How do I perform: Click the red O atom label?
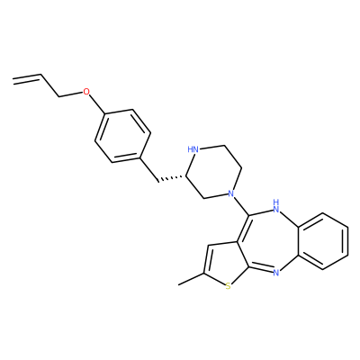pyautogui.click(x=86, y=91)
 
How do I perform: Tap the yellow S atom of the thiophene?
pyautogui.click(x=229, y=287)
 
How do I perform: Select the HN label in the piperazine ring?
pyautogui.click(x=193, y=149)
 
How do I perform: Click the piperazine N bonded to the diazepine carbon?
pyautogui.click(x=230, y=193)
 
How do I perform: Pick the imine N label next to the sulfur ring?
pyautogui.click(x=276, y=273)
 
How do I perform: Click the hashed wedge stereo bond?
pyautogui.click(x=172, y=178)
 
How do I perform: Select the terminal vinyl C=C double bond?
pyautogui.click(x=26, y=77)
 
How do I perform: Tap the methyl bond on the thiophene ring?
pyautogui.click(x=191, y=279)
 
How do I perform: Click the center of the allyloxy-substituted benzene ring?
pyautogui.click(x=123, y=136)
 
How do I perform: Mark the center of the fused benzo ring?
pyautogui.click(x=323, y=241)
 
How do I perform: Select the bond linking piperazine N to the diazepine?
pyautogui.click(x=240, y=205)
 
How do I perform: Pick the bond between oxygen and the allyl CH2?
pyautogui.click(x=71, y=94)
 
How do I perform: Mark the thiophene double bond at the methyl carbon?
pyautogui.click(x=207, y=259)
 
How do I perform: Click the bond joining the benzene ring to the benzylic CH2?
pyautogui.click(x=148, y=168)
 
